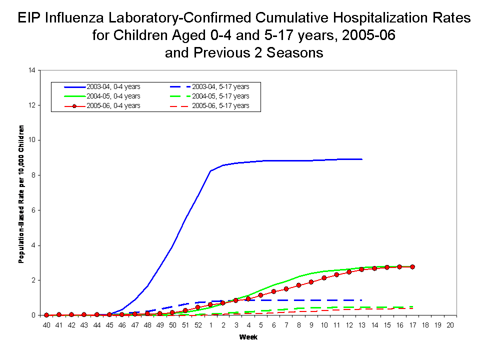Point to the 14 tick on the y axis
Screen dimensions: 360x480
click(32, 70)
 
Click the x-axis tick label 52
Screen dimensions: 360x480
click(198, 325)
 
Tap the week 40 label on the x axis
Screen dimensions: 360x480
click(46, 325)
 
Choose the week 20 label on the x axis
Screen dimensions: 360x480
click(450, 325)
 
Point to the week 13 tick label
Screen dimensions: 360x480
click(361, 325)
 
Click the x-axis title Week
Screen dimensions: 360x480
click(248, 337)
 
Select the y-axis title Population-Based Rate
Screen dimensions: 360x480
click(21, 193)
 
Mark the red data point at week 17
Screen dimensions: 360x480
click(412, 267)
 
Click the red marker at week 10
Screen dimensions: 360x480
click(324, 278)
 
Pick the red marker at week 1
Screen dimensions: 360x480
click(210, 304)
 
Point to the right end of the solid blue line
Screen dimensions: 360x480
click(361, 159)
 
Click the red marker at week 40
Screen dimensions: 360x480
click(46, 315)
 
